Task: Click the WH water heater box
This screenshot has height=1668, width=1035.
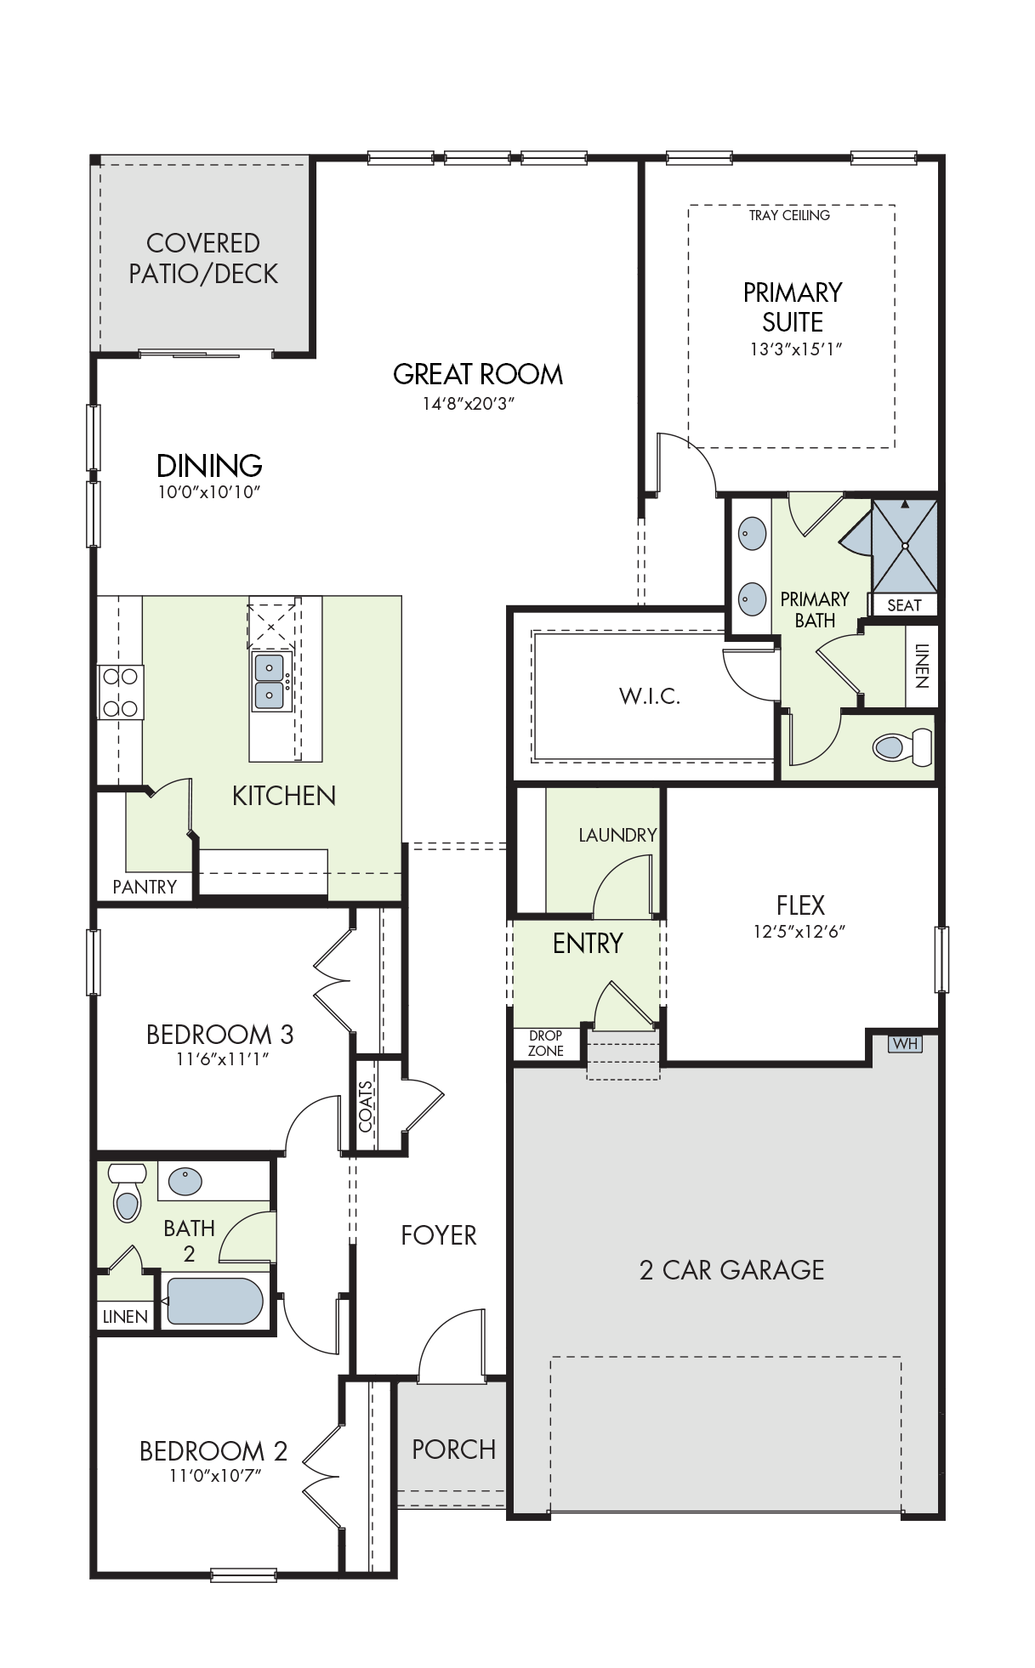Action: point(905,1044)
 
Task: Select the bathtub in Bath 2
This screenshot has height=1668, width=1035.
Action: point(214,1301)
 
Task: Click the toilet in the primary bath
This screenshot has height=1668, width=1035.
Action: point(902,747)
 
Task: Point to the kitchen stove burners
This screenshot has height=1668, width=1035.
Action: point(120,692)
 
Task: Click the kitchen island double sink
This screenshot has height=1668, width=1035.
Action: point(270,682)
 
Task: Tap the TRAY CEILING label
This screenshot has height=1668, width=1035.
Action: point(789,216)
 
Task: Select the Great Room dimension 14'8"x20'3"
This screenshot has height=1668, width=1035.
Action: point(469,404)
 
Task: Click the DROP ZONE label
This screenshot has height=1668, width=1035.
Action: point(545,1043)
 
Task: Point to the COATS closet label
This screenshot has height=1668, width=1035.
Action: point(366,1106)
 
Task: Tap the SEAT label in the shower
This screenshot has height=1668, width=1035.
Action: point(904,605)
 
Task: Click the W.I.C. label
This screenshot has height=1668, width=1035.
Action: point(650,697)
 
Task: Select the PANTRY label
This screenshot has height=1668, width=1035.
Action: point(145,887)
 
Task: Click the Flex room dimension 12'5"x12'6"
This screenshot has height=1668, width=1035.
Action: point(799,932)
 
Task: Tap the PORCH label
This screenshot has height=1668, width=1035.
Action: point(453,1450)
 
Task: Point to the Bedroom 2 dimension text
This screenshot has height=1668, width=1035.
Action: point(215,1476)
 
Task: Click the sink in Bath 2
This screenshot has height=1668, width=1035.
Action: point(185,1181)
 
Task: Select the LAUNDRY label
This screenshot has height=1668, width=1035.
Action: point(617,836)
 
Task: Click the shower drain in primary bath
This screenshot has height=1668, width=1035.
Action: point(905,546)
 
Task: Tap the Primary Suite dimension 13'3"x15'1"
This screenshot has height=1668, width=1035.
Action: point(795,349)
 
